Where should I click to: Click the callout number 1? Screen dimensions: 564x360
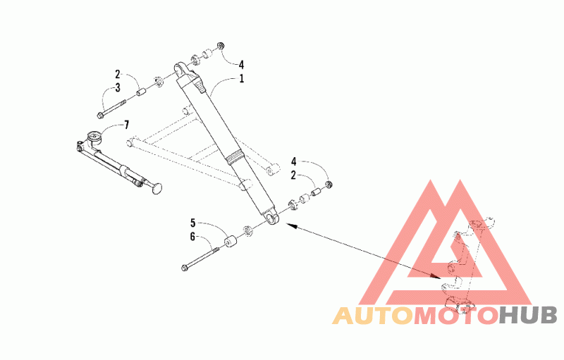pyautogui.click(x=242, y=78)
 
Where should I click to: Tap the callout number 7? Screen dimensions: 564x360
pyautogui.click(x=126, y=125)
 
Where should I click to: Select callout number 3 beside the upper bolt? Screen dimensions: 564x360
pyautogui.click(x=118, y=87)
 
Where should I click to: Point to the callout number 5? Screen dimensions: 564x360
pyautogui.click(x=193, y=223)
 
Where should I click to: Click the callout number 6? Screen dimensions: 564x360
pyautogui.click(x=192, y=237)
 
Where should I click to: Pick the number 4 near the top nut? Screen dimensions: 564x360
pyautogui.click(x=241, y=65)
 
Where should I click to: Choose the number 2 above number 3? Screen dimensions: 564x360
pyautogui.click(x=118, y=75)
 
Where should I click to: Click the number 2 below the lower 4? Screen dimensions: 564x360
pyautogui.click(x=293, y=175)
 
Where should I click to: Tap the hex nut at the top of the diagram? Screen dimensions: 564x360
pyautogui.click(x=221, y=46)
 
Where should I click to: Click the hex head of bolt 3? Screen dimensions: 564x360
pyautogui.click(x=99, y=115)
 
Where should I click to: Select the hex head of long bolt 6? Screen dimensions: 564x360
pyautogui.click(x=185, y=268)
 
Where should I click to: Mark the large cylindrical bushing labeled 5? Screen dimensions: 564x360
pyautogui.click(x=230, y=241)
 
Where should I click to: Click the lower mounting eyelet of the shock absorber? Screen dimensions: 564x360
pyautogui.click(x=272, y=218)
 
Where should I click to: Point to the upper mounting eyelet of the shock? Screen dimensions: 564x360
pyautogui.click(x=180, y=68)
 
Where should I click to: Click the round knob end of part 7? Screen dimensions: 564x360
pyautogui.click(x=157, y=188)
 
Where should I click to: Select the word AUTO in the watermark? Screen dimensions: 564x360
pyautogui.click(x=372, y=316)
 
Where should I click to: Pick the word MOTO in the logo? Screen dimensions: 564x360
pyautogui.click(x=456, y=316)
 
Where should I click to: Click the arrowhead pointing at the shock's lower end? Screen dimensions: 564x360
pyautogui.click(x=291, y=225)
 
